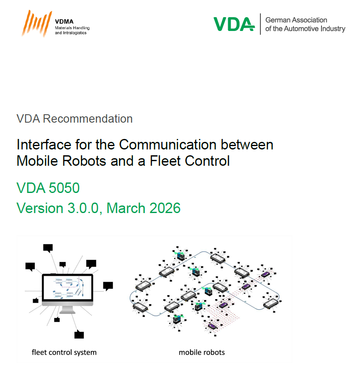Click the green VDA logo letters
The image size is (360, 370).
tap(234, 24)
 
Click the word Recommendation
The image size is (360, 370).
tap(87, 119)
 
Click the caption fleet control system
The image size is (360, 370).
tap(64, 352)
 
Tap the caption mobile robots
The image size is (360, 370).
tap(202, 352)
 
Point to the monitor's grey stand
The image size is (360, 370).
tap(67, 309)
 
